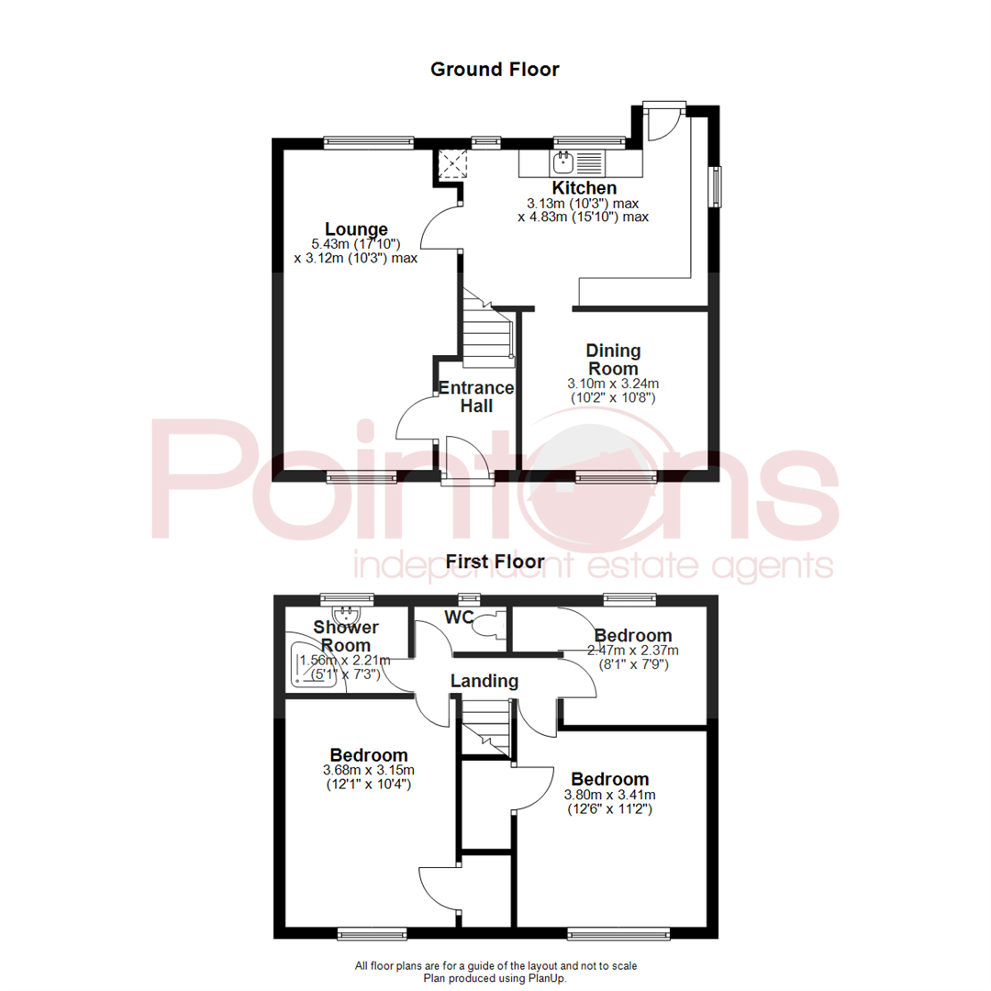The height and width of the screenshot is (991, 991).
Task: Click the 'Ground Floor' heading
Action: pos(495,69)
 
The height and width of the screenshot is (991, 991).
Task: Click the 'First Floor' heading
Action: pos(495,561)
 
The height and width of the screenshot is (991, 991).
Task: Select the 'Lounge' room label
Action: pos(356,229)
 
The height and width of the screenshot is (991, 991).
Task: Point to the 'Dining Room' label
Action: pos(613,359)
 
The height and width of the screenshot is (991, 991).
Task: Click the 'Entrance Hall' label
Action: pos(476,395)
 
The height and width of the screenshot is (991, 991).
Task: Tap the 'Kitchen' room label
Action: pos(584,188)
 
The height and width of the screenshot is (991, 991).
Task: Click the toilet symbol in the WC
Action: pos(484,624)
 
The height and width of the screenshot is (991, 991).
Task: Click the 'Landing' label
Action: pos(484,682)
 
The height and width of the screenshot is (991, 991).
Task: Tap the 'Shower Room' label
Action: pos(346,635)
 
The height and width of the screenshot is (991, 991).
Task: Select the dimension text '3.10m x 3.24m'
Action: pos(613,384)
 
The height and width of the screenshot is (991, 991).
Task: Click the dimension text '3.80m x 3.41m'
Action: pos(610,796)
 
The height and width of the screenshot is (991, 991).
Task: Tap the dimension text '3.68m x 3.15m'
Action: pos(369,770)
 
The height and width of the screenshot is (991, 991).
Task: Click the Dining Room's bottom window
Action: pos(615,477)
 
